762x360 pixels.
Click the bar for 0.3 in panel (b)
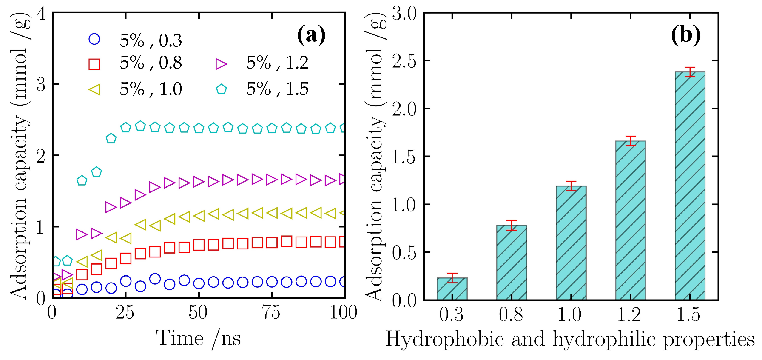(x=452, y=289)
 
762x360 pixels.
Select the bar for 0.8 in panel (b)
(x=512, y=263)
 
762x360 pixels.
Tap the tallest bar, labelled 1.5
(x=690, y=186)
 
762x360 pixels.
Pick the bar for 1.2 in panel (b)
(x=631, y=220)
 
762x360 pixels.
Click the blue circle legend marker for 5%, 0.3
(x=94, y=39)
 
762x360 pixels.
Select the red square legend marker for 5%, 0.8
(x=94, y=64)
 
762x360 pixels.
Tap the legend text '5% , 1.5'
(x=277, y=89)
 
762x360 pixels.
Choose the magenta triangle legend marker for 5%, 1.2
(x=221, y=64)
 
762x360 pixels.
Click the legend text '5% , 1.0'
(x=151, y=89)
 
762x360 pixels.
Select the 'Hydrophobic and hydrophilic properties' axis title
(x=570, y=339)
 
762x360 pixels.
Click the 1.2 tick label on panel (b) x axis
(x=629, y=314)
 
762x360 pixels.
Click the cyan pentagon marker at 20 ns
(x=111, y=138)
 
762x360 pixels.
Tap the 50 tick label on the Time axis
(x=198, y=312)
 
